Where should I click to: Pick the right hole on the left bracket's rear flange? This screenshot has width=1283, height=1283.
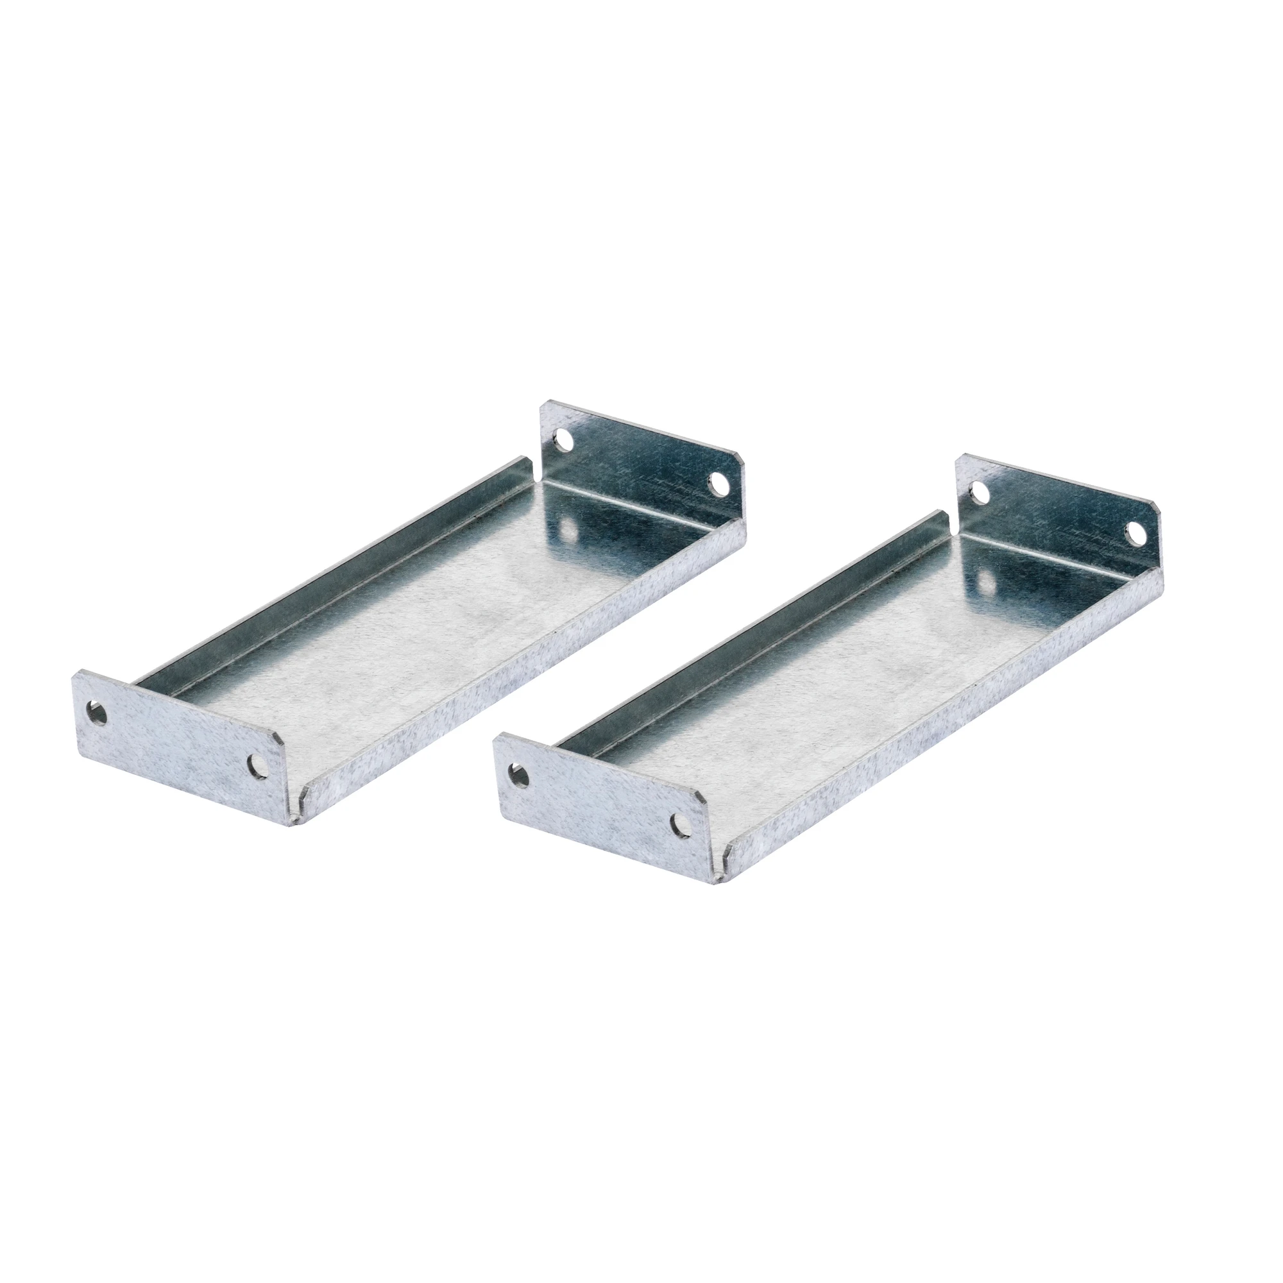tap(718, 483)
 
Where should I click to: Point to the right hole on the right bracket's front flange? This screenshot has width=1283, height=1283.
tap(678, 826)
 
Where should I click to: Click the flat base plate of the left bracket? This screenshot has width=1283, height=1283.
tap(425, 631)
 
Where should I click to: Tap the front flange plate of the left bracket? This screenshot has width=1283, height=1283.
tap(180, 751)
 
